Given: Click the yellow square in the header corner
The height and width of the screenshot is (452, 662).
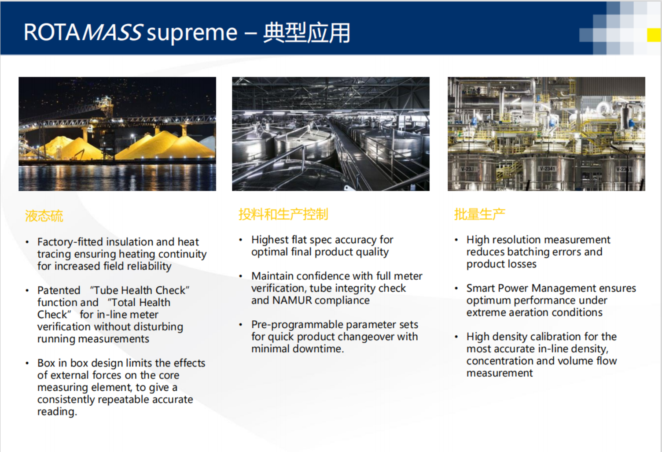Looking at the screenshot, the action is click(654, 35).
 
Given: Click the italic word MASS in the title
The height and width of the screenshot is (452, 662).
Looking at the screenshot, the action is click(113, 32).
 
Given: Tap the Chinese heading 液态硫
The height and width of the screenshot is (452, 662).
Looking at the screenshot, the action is click(44, 215).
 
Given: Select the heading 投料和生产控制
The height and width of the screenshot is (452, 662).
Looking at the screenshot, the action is click(283, 214).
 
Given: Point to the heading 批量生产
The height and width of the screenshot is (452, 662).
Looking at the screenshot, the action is click(480, 214).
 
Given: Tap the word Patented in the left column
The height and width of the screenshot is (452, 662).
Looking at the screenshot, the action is click(59, 290).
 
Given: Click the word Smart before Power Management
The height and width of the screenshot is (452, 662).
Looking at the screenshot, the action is click(482, 288).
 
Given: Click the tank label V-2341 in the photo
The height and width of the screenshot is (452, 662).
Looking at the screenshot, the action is click(547, 169).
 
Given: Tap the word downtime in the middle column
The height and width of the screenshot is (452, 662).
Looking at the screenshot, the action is click(318, 349).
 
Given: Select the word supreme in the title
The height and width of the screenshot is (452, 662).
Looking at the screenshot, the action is click(192, 33).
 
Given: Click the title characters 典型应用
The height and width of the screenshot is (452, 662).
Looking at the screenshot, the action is click(307, 33).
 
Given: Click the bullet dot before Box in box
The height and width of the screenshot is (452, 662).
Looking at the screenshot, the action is click(27, 363).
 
